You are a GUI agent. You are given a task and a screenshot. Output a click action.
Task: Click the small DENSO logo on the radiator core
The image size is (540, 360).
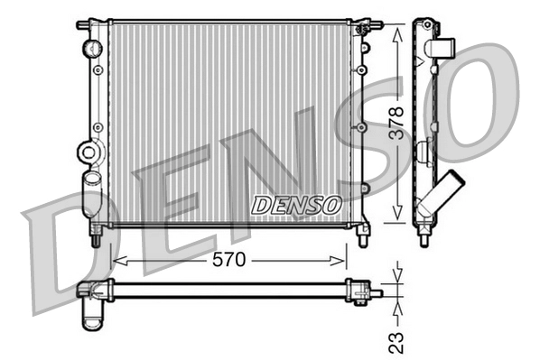click(x=295, y=205)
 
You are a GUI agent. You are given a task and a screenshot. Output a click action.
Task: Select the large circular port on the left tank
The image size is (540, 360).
click(x=88, y=152)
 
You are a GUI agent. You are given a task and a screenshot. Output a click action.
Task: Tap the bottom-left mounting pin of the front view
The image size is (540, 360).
click(x=95, y=238)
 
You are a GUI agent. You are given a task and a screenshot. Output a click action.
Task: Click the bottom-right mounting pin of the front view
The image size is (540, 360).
click(x=363, y=238)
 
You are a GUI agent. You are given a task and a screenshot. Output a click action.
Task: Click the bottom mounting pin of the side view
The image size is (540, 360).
click(x=424, y=239)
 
